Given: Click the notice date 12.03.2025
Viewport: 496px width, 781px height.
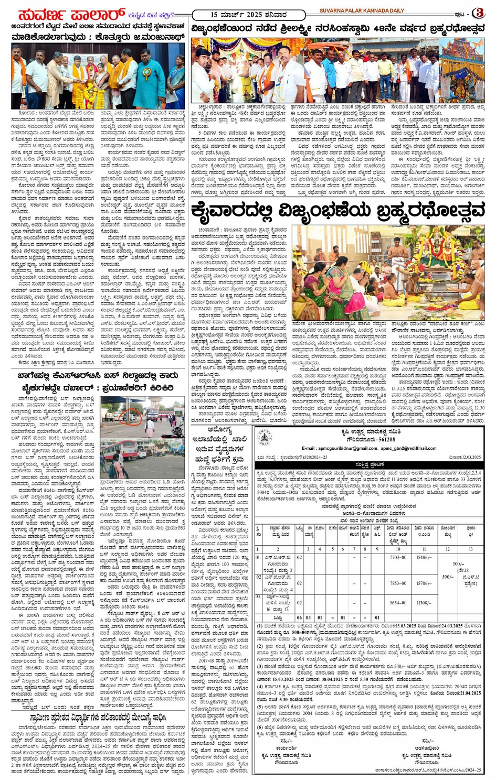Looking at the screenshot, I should tap(465, 457).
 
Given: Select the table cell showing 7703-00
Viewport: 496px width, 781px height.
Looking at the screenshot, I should tap(398, 558).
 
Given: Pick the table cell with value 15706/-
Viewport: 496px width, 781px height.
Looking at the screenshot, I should tap(424, 558).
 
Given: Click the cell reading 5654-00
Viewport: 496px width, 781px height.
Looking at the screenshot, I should tap(398, 603).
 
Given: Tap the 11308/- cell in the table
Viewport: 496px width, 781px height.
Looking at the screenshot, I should tap(424, 603).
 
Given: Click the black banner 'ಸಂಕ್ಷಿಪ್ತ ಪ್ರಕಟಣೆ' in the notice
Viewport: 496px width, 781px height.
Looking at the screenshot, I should tap(369, 464).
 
